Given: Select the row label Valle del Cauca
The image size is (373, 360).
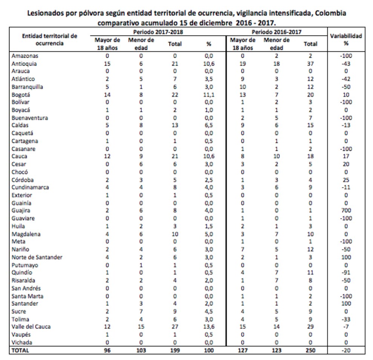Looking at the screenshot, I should click(x=31, y=326).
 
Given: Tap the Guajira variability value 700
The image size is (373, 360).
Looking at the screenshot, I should click(x=346, y=211).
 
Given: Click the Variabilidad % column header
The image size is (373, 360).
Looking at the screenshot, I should click(x=346, y=40).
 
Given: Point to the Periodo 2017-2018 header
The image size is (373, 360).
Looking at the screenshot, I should click(x=156, y=32).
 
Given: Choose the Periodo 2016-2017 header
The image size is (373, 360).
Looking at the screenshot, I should click(x=277, y=32).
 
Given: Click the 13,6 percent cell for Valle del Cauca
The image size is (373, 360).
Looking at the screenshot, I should click(x=208, y=326).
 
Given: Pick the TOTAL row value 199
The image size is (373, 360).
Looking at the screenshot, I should click(x=175, y=350).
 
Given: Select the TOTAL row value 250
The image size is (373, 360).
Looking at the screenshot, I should click(x=310, y=350).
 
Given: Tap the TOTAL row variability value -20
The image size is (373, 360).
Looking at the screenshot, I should click(x=346, y=350).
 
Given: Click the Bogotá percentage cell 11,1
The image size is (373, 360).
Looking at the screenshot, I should click(x=208, y=95).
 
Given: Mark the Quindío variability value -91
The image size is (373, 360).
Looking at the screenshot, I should click(x=346, y=273).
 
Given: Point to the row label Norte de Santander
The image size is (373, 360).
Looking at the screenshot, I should click(x=37, y=257).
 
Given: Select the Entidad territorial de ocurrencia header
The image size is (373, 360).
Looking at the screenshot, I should click(x=47, y=40).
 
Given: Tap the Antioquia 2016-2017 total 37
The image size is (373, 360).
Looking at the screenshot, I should click(x=310, y=64).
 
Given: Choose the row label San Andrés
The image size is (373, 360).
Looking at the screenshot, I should click(x=26, y=288).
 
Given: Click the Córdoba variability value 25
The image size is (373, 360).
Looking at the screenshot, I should click(x=346, y=180).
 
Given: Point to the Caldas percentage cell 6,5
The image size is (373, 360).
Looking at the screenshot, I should click(x=208, y=126).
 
